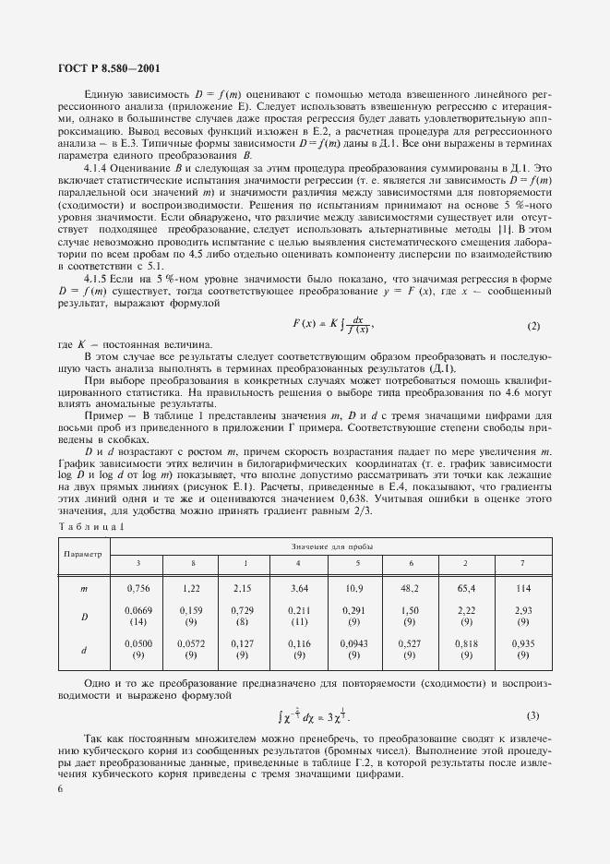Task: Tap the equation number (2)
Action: [x=532, y=327]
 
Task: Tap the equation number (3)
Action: [x=532, y=716]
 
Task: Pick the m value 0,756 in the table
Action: [x=138, y=587]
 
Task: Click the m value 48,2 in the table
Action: [x=409, y=587]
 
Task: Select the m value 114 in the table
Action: [x=523, y=587]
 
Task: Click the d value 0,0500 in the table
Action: [x=138, y=646]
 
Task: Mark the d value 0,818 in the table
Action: [x=467, y=646]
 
